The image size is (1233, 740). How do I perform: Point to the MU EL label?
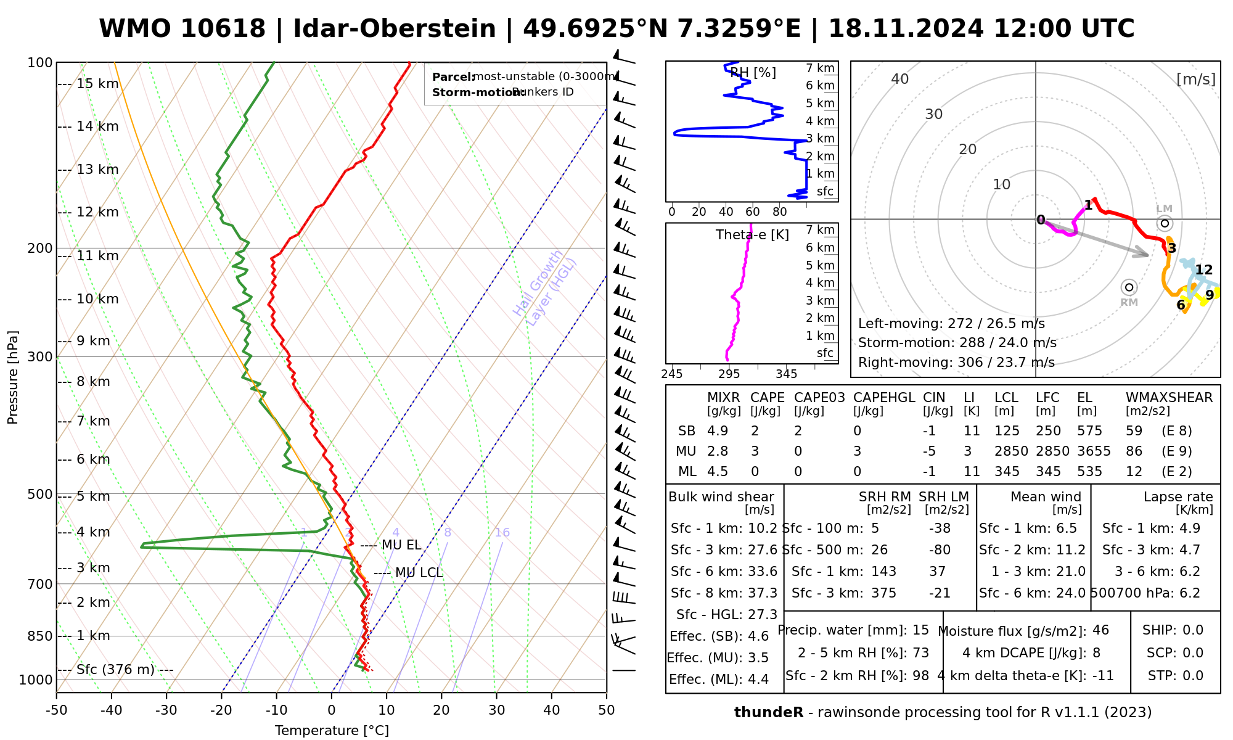point(401,545)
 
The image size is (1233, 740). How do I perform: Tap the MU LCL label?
point(419,573)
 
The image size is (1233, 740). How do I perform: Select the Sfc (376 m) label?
point(115,670)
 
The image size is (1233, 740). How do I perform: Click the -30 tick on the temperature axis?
point(166,710)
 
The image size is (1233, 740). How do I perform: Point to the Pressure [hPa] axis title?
point(13,377)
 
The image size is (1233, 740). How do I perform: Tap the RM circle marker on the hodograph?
point(1129,287)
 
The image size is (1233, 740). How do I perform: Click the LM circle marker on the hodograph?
point(1165,223)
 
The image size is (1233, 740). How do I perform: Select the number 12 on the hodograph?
point(1203,270)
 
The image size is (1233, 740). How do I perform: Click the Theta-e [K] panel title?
point(752,235)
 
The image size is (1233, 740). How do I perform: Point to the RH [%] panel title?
point(753,73)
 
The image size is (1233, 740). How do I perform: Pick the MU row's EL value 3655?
point(1094,451)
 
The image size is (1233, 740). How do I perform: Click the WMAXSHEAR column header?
point(1169,398)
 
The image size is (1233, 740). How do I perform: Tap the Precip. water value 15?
point(920,630)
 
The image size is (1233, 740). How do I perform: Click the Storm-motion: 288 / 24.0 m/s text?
point(957,343)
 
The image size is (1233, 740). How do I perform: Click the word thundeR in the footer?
point(769,713)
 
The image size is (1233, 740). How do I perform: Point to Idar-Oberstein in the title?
point(395,29)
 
